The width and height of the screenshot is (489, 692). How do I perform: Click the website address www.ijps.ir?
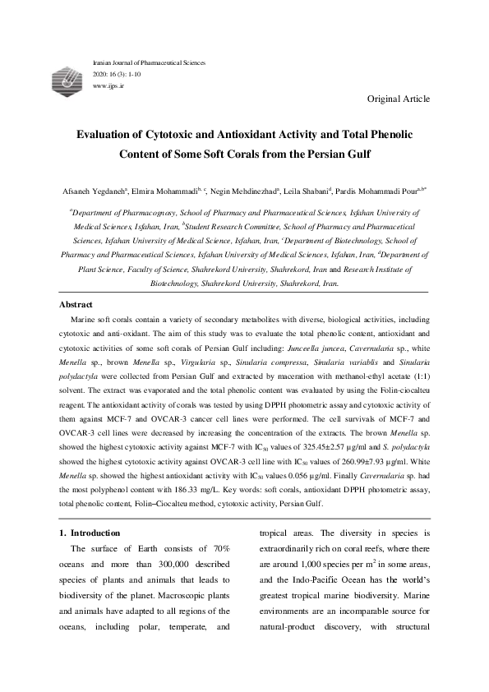(x=104, y=85)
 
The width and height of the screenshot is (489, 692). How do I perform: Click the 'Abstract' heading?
(x=79, y=304)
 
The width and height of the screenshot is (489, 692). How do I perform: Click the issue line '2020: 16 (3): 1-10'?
(x=120, y=74)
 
